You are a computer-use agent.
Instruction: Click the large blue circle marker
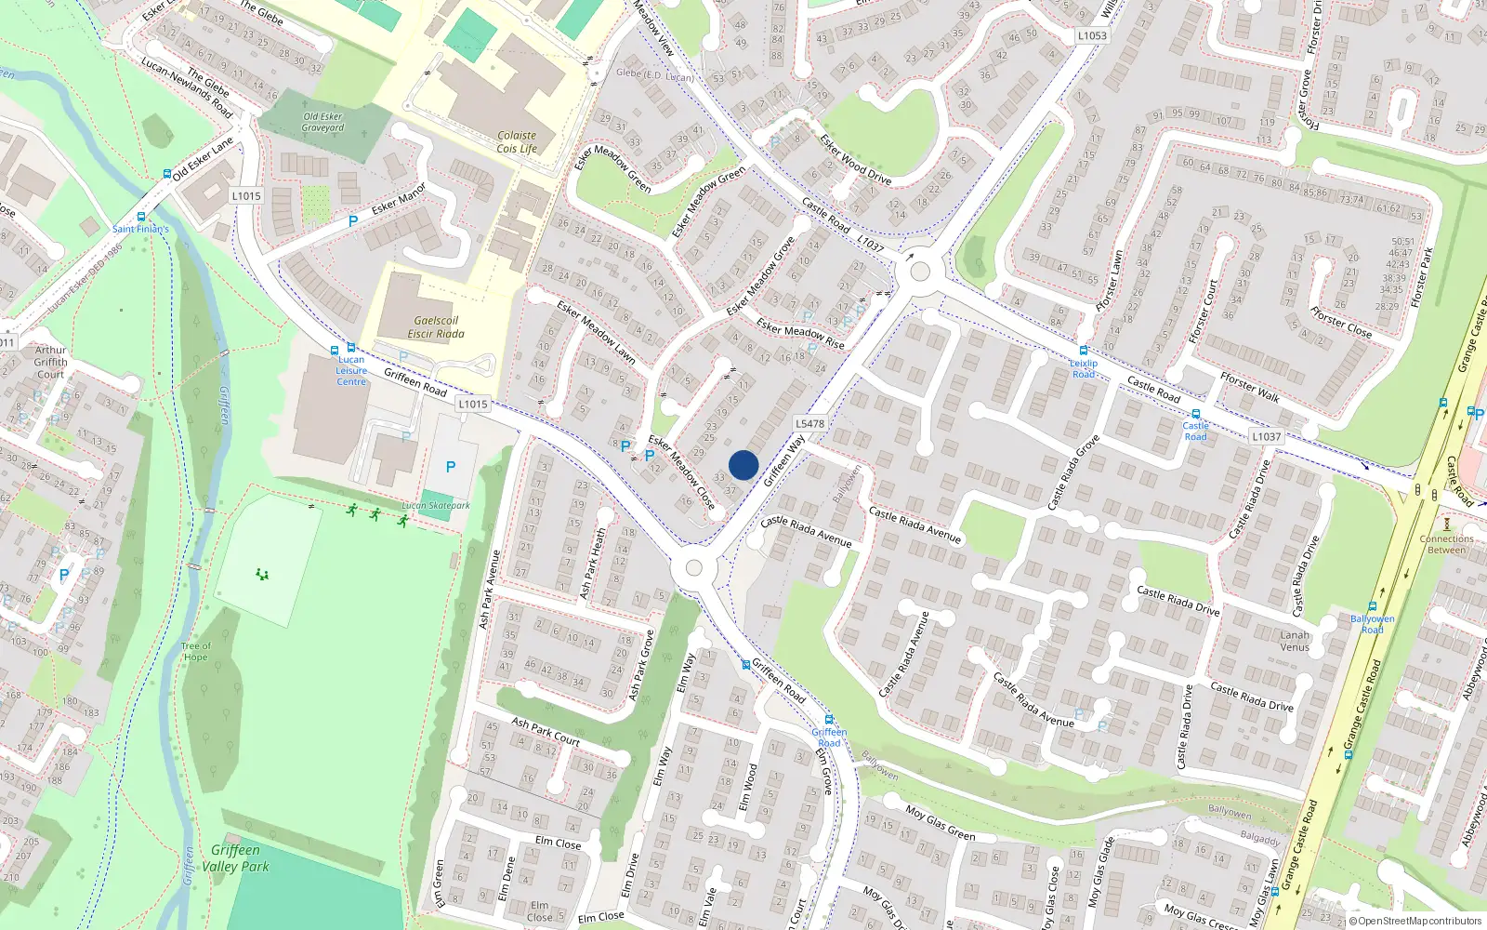tap(743, 465)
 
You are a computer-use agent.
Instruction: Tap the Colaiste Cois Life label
tap(517, 142)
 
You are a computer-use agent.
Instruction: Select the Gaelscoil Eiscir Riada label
tap(436, 326)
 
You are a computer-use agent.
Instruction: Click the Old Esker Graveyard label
tap(322, 122)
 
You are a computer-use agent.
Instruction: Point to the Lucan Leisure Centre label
tap(351, 370)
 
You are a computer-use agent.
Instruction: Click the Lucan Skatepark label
tap(435, 506)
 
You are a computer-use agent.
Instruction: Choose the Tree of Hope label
tap(195, 651)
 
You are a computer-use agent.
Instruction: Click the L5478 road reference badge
tap(809, 423)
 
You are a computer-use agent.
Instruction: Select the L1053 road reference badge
tap(1092, 35)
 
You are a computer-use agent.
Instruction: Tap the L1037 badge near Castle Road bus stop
tap(1266, 436)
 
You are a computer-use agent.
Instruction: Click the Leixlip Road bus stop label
tap(1084, 368)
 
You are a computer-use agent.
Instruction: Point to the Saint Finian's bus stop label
tap(140, 228)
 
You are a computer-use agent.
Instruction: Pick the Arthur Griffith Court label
tap(51, 362)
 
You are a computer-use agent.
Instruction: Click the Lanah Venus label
tap(1295, 641)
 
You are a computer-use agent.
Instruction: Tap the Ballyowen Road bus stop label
tap(1372, 624)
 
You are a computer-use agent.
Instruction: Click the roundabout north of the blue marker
tap(920, 272)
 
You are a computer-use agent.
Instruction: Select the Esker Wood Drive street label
tap(855, 159)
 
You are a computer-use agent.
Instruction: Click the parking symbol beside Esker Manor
tap(353, 221)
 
